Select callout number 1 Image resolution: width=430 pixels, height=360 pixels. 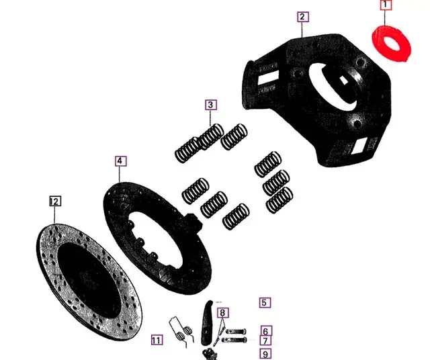[386, 5]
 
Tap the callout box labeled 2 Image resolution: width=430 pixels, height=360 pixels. [303, 17]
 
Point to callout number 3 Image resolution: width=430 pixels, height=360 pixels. [211, 105]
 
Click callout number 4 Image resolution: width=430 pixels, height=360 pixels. [119, 161]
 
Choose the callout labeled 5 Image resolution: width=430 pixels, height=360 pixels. [265, 303]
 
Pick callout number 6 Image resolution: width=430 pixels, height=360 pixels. [266, 331]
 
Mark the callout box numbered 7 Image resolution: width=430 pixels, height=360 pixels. [266, 341]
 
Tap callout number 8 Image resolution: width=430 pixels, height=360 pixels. [223, 312]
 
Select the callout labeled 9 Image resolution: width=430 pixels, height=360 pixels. [266, 354]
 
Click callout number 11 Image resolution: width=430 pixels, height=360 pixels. [157, 339]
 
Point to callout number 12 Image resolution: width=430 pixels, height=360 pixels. [55, 201]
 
